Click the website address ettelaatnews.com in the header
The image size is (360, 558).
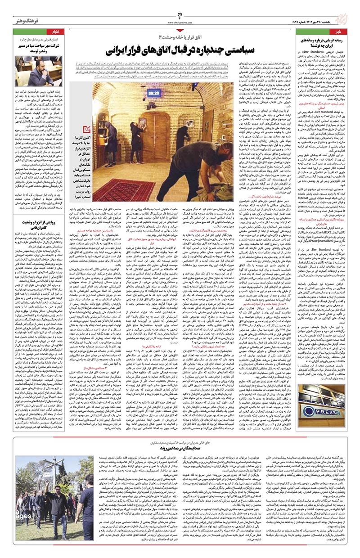[x=180, y=22]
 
